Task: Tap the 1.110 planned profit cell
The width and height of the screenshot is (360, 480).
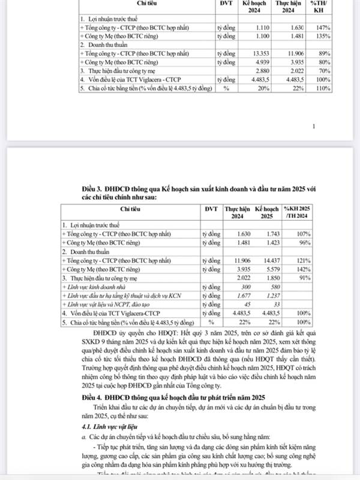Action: pyautogui.click(x=256, y=28)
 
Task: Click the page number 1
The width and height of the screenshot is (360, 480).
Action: pyautogui.click(x=314, y=127)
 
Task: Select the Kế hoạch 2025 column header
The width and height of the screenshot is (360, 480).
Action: pyautogui.click(x=264, y=212)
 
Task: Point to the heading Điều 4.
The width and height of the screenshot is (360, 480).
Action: pyautogui.click(x=94, y=397)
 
